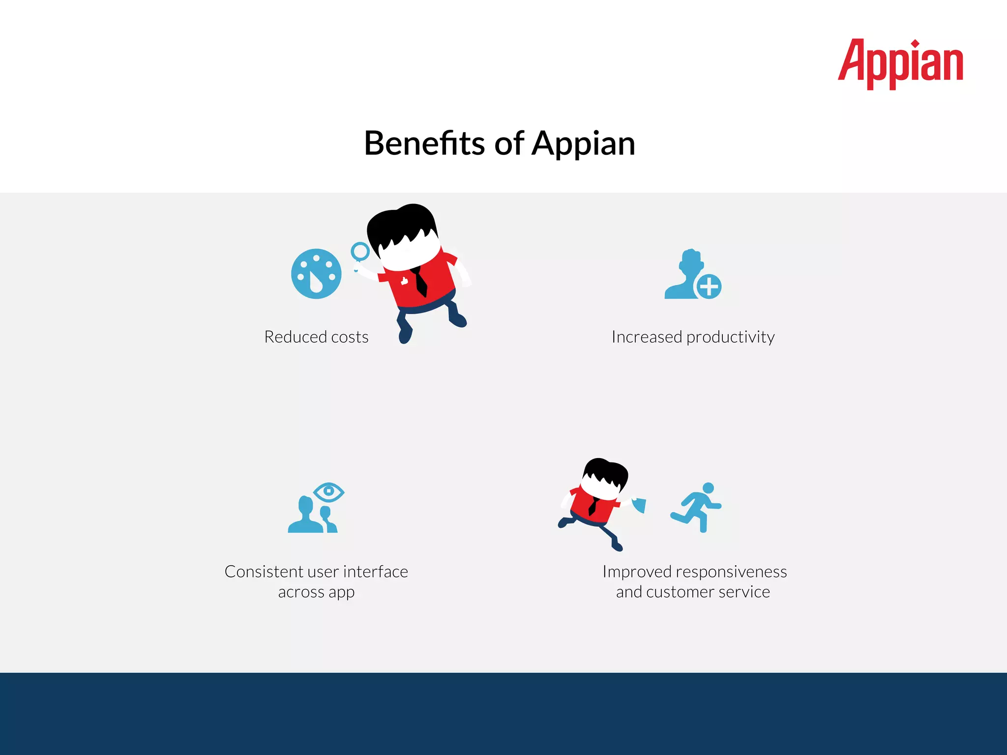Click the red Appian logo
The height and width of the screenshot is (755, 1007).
tap(900, 64)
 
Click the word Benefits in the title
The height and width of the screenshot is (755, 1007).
tap(424, 144)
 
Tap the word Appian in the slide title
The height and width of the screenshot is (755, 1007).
tap(584, 144)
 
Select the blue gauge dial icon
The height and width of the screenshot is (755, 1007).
tap(316, 274)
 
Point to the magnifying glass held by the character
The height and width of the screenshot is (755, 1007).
tap(360, 252)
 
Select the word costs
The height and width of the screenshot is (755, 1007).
tap(350, 337)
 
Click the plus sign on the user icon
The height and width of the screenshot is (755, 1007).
tap(709, 287)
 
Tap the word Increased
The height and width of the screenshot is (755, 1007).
tap(647, 337)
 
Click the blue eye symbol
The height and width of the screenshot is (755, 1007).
tap(328, 492)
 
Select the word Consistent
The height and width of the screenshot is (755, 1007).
tap(264, 572)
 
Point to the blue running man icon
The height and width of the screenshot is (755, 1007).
tap(697, 507)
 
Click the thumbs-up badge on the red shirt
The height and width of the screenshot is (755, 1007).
tap(404, 281)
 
